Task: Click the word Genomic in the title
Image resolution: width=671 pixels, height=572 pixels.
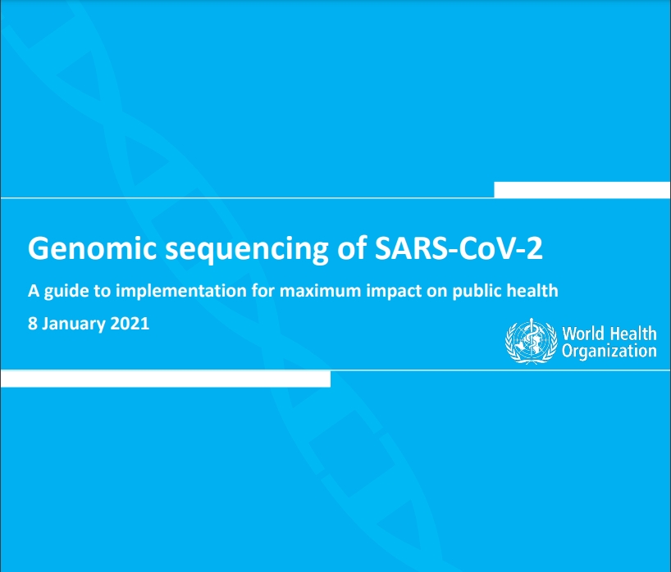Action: (92, 249)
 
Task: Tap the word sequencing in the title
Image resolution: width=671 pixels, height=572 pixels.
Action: (246, 250)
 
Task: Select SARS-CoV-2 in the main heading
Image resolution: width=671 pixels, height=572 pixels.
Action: (459, 248)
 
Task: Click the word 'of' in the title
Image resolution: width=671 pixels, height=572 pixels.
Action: (351, 248)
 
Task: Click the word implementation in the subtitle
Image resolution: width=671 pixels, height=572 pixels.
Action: (181, 292)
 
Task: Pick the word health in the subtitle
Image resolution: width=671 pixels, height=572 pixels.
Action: (532, 291)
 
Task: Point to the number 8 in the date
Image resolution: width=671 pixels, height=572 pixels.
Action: (32, 324)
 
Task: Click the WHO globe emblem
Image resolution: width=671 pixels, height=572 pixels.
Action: (531, 341)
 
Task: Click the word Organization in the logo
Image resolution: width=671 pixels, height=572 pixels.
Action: (609, 351)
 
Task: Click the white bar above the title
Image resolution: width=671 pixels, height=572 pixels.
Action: (582, 190)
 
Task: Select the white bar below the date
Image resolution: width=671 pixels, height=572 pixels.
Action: (165, 379)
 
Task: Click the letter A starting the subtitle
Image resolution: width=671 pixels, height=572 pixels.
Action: (34, 291)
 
